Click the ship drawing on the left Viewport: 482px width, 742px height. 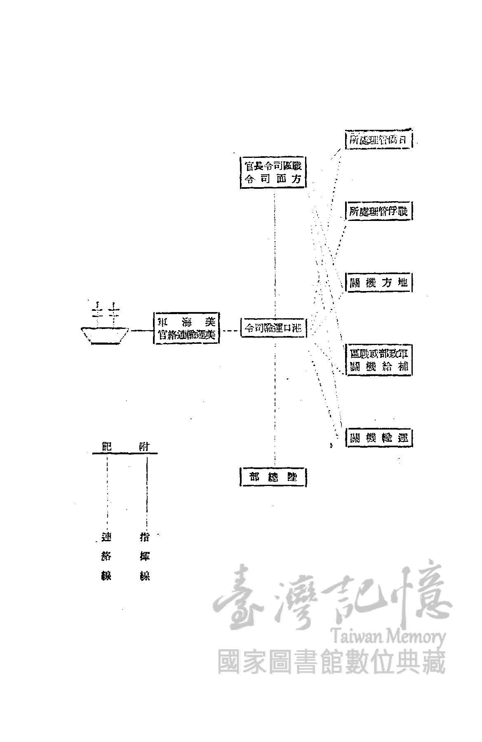coord(105,328)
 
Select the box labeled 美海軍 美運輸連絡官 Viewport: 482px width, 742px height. coord(186,328)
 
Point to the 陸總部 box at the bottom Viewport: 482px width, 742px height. coord(273,477)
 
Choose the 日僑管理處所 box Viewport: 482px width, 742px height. coord(378,140)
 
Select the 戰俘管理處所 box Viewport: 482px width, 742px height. coord(379,211)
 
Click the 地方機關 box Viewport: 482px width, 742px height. coord(379,282)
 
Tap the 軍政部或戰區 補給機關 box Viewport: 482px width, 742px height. coord(379,360)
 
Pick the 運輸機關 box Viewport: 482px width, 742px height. coord(379,437)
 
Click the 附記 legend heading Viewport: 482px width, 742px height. coord(125,446)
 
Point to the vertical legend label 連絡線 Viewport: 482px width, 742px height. coord(106,556)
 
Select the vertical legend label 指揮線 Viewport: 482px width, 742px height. coord(145,556)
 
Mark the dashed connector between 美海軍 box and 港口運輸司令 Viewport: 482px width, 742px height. coord(230,330)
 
